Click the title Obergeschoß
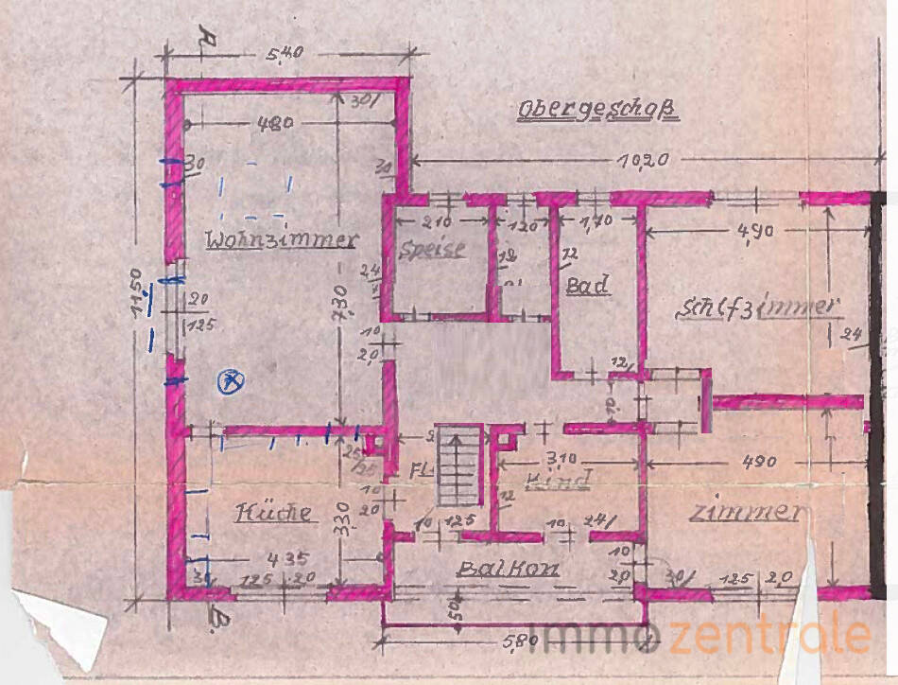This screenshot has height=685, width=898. coord(598,112)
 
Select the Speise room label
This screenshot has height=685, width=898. coord(433,250)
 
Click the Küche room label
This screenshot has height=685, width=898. coord(273,513)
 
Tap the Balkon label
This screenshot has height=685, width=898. coord(508,569)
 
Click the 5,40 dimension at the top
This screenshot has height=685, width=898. coord(285,54)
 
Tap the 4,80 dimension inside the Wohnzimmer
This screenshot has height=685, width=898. coord(275,123)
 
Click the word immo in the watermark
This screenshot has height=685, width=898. coord(596,636)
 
